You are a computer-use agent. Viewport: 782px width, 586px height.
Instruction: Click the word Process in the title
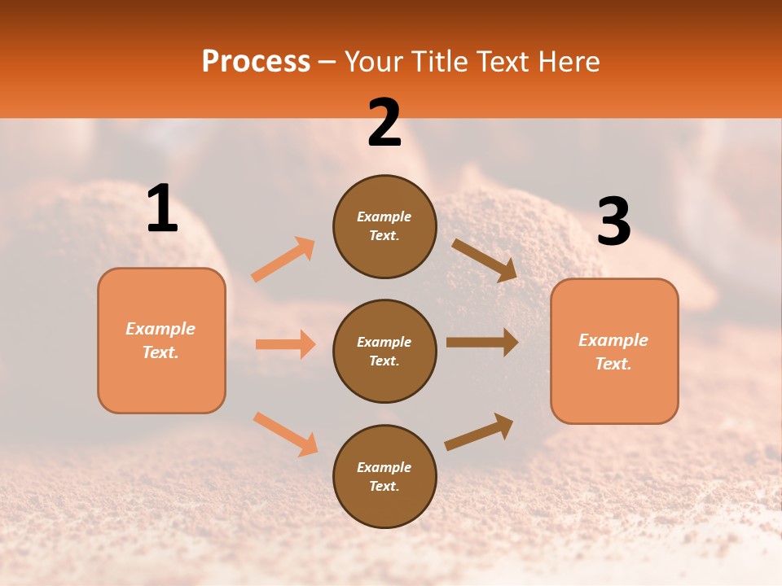pos(256,62)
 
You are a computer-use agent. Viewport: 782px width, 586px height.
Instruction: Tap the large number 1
pos(162,209)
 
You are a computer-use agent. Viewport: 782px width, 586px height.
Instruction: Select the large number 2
pos(384,123)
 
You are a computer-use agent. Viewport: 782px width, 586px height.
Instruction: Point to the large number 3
pos(613,222)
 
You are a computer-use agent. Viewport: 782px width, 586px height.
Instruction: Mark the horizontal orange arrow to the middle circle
pos(285,344)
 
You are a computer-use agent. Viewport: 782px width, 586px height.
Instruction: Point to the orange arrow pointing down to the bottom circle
pos(285,433)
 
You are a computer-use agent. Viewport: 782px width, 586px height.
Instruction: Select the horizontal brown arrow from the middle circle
pos(481,343)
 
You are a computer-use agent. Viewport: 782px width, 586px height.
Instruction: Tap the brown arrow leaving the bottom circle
pos(479,431)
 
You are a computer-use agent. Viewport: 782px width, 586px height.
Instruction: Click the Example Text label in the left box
pos(160,340)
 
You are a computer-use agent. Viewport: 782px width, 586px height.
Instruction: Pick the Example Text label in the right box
pos(613,352)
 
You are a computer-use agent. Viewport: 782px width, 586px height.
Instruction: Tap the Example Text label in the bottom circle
pos(384,476)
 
